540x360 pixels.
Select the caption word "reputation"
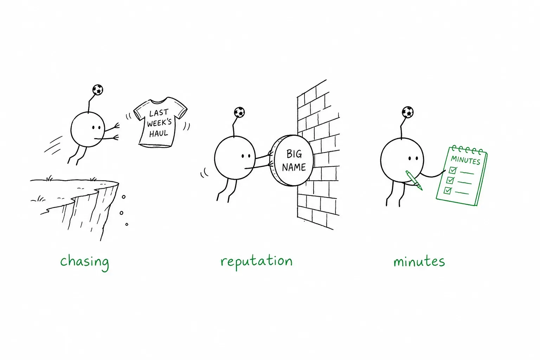click(x=257, y=262)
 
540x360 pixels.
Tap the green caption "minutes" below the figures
click(x=419, y=261)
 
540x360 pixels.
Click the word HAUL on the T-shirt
click(x=159, y=133)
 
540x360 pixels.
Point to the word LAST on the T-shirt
click(x=159, y=113)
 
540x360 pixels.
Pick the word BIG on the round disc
click(x=294, y=154)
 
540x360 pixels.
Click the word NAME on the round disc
click(x=294, y=167)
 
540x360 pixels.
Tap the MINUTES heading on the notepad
click(x=465, y=160)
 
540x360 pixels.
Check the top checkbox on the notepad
click(x=453, y=170)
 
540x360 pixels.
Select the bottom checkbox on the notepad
click(x=448, y=191)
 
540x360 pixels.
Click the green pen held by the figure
click(x=414, y=180)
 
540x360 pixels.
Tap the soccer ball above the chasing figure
click(x=98, y=90)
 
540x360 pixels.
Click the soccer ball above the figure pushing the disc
click(x=239, y=112)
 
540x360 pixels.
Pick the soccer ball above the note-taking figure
click(x=408, y=112)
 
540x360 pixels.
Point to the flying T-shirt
click(x=160, y=122)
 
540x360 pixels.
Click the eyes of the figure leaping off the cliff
click(x=96, y=127)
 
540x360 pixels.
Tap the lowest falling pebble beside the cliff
click(x=127, y=225)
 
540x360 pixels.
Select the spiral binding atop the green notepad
click(x=467, y=150)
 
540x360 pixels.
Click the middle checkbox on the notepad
click(x=450, y=180)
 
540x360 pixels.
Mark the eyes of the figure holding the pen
click(x=413, y=159)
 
